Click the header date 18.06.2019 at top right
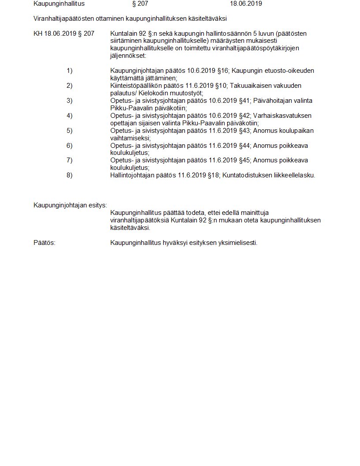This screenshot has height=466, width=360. point(246,4)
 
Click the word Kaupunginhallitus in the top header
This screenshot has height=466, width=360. point(59,4)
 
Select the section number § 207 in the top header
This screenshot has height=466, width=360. point(140,4)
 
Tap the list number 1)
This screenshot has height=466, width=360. point(69,71)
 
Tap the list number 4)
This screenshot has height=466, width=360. point(69,116)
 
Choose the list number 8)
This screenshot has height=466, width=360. point(69,175)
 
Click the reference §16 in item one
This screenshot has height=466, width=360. point(223,71)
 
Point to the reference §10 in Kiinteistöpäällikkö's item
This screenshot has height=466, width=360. point(220,86)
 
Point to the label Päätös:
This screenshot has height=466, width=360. point(45,243)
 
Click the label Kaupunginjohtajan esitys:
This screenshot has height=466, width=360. point(70,205)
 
